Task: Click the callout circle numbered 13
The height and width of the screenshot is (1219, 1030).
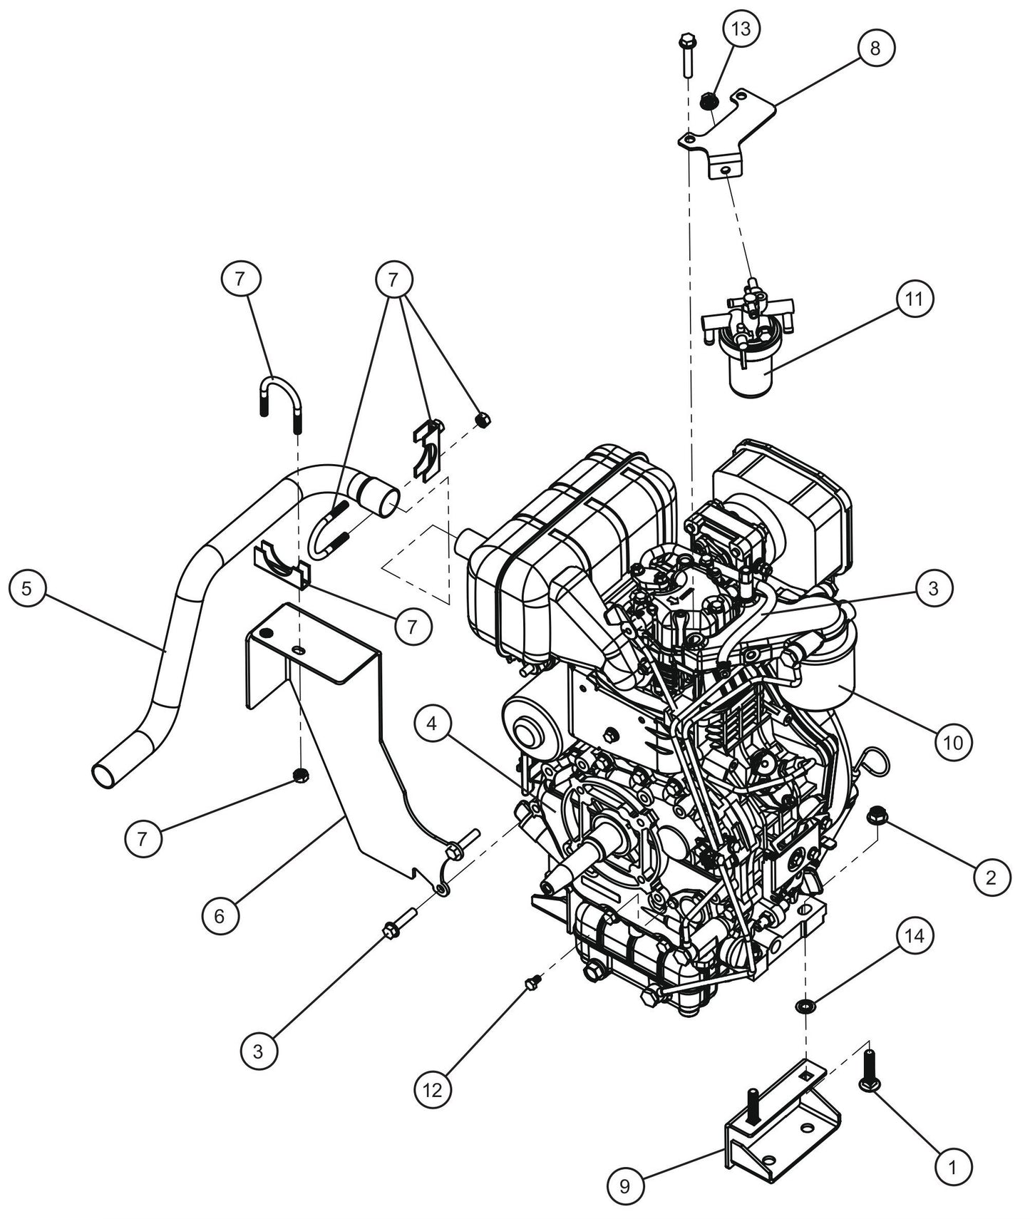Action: coord(741,29)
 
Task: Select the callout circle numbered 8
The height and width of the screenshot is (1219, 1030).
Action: coord(875,48)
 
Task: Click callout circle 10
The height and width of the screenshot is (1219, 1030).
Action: coord(953,742)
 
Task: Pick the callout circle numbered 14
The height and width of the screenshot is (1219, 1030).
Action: coord(915,935)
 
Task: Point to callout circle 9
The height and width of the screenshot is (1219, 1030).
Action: coord(625,1186)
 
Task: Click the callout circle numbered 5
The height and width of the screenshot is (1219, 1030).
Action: coord(27,589)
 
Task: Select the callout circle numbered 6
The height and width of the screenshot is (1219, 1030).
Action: coord(219,916)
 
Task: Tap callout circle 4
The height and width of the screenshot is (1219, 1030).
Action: coord(431,724)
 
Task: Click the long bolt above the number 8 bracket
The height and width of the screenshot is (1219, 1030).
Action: coord(687,56)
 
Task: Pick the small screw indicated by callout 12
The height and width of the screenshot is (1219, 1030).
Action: coord(530,984)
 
